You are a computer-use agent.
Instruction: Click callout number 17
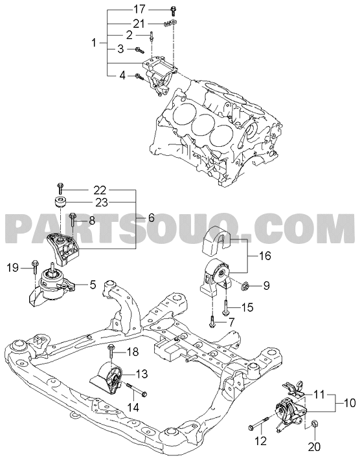139,10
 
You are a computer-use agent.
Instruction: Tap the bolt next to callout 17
172,11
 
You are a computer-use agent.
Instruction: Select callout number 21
139,23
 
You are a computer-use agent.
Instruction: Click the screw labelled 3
139,50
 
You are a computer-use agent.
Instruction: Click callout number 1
94,43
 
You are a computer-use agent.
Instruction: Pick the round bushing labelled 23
61,202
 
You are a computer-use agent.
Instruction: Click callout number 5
93,284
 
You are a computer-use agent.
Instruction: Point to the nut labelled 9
243,285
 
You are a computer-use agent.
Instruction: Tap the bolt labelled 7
212,322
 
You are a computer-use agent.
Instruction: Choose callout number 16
265,256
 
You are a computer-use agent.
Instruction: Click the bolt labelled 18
111,351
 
